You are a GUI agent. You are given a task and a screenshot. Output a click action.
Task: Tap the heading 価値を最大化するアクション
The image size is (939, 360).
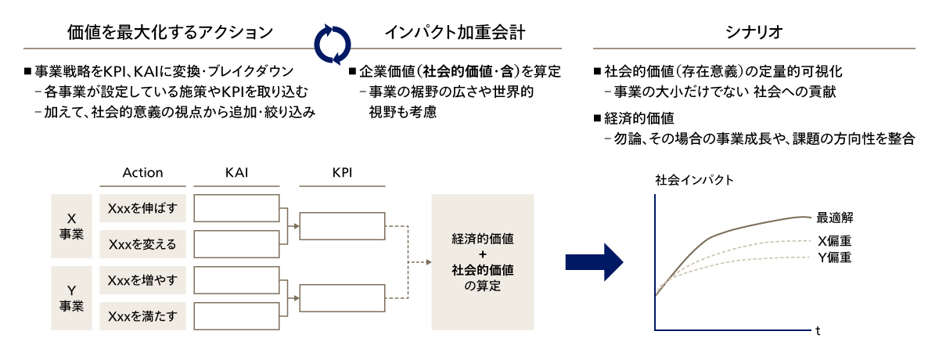[171, 33]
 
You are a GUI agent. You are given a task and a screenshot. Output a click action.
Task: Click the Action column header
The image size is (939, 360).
[143, 172]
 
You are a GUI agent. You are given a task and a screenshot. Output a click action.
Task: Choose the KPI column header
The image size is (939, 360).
[342, 172]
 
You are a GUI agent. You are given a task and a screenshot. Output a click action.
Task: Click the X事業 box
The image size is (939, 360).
[72, 225]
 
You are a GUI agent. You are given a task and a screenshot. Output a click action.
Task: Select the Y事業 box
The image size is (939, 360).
[72, 297]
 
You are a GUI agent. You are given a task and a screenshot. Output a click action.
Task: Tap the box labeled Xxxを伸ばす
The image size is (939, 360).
[143, 208]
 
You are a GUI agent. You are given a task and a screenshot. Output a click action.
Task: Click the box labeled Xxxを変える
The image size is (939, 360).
[143, 244]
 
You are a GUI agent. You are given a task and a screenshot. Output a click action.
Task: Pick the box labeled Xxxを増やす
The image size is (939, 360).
[143, 280]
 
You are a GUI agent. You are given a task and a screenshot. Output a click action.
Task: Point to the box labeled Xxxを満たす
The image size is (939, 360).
[143, 316]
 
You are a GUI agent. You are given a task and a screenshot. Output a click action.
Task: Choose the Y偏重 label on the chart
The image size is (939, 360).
[834, 257]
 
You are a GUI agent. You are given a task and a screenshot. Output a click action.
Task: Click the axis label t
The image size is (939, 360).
[818, 331]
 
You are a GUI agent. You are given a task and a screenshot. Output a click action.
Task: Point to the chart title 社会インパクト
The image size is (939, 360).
[695, 180]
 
